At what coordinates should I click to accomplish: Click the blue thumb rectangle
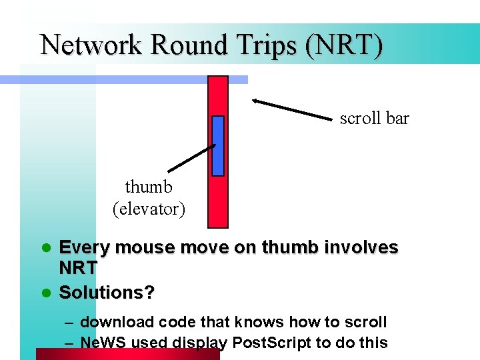(x=217, y=145)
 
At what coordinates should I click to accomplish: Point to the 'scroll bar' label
(x=374, y=119)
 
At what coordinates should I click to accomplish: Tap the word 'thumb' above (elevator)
(x=149, y=187)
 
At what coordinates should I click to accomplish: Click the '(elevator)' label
(x=149, y=209)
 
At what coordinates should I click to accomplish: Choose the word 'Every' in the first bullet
(x=85, y=248)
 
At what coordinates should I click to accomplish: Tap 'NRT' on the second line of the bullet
(x=78, y=269)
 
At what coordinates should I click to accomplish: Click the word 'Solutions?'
(x=107, y=292)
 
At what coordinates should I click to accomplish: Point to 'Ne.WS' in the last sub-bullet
(x=101, y=343)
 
